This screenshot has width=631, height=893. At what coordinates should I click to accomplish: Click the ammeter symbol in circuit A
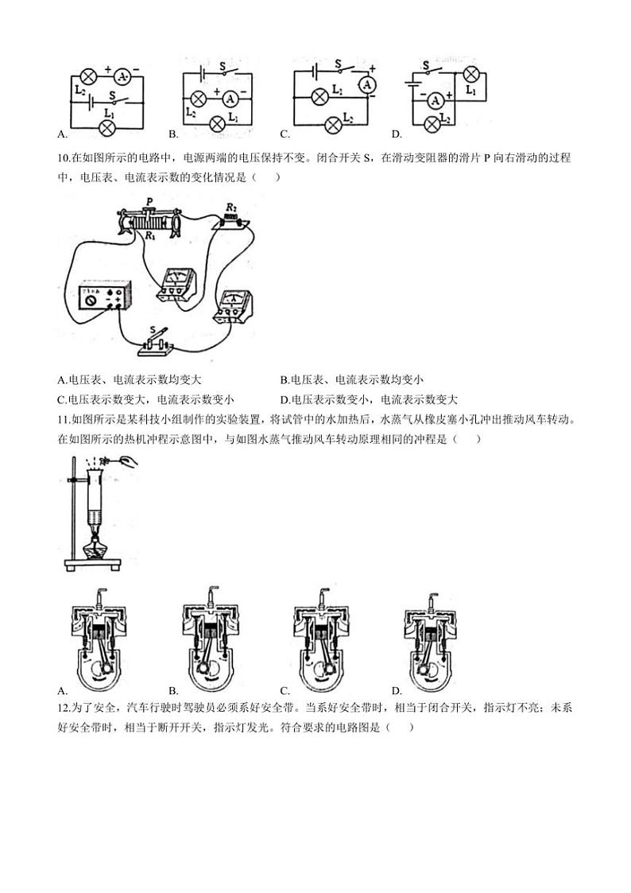pos(122,77)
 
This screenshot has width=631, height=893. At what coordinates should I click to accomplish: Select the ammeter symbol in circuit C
pos(367,84)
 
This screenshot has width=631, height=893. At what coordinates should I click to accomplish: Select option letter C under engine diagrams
pos(285,689)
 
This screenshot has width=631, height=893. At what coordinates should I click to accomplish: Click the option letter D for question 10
pos(285,400)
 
